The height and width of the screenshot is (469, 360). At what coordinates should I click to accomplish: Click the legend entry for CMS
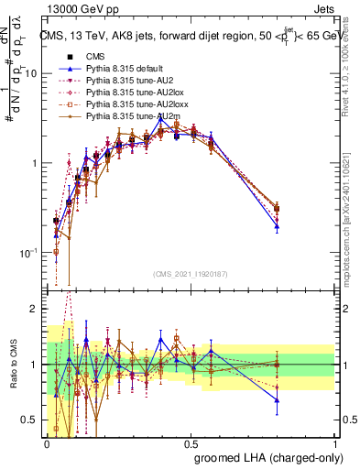coord(93,55)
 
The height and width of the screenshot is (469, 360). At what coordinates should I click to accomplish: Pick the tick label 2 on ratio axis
coord(34,309)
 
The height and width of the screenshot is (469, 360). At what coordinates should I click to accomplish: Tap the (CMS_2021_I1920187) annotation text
coord(191,274)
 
